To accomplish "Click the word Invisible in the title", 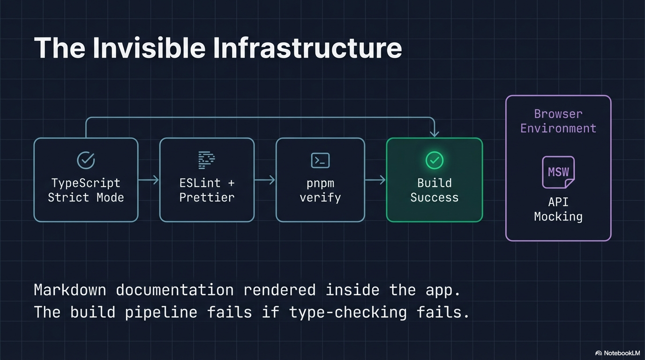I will [149, 48].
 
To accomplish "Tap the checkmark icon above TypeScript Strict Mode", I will [86, 160].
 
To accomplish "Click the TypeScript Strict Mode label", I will [86, 190].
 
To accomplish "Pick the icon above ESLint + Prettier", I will [207, 160].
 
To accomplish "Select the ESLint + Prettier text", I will [207, 190].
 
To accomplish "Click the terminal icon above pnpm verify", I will [320, 160].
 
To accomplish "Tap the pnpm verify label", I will [320, 190].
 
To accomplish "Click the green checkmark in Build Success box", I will [434, 160].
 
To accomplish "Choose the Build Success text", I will [434, 190].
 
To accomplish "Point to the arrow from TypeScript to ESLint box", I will [149, 180].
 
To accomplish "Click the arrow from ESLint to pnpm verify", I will [265, 180].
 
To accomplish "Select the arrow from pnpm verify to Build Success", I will [375, 180].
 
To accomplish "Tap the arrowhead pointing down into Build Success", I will [435, 134].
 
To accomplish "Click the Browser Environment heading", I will [558, 121].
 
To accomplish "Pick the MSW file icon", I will [558, 172].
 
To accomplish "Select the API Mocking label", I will [558, 209].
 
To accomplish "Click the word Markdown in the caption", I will [70, 290].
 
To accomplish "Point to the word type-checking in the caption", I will [348, 312].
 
